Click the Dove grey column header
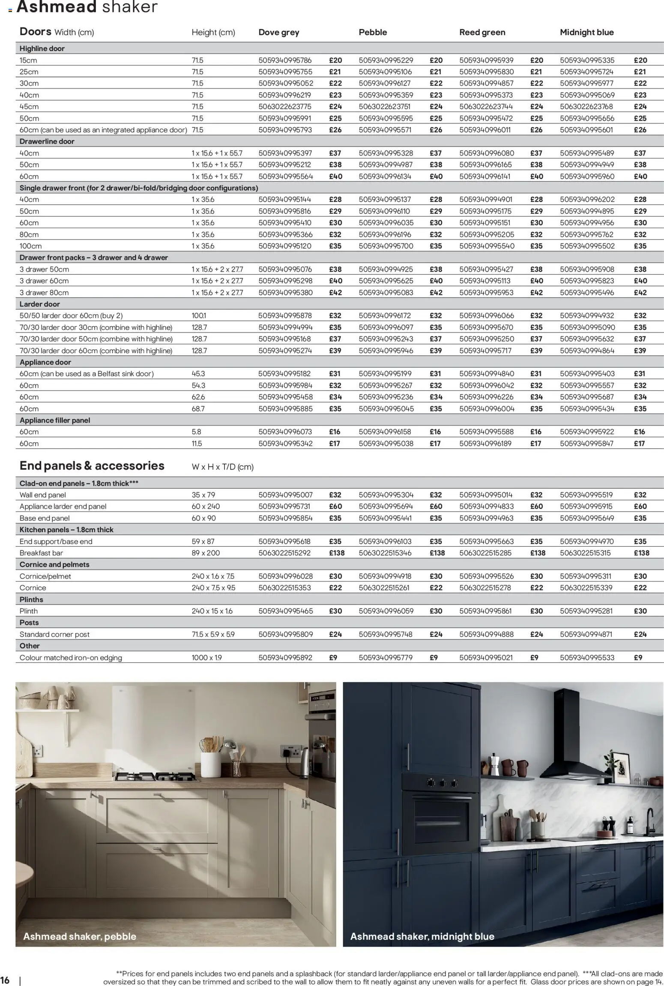278,33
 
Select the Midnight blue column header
586,33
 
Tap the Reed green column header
482,33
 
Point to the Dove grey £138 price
337,553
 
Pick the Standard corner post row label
54,634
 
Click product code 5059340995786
285,60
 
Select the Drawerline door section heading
47,141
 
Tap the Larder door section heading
39,304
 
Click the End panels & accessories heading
92,466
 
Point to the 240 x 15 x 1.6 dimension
212,611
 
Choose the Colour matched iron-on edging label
71,658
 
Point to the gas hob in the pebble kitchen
156,776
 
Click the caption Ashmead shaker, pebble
80,936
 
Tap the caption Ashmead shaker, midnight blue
422,936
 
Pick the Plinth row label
29,611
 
